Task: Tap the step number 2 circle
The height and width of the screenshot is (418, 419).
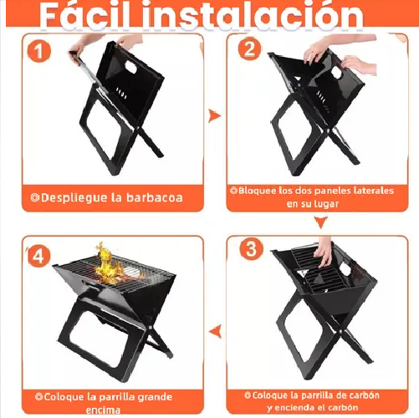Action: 248,48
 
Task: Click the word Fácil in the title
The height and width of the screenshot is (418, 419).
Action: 88,15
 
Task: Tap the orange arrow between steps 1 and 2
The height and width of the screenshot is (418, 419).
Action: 214,116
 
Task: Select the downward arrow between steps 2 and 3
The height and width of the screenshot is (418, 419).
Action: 320,222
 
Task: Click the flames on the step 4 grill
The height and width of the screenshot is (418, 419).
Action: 107,262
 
